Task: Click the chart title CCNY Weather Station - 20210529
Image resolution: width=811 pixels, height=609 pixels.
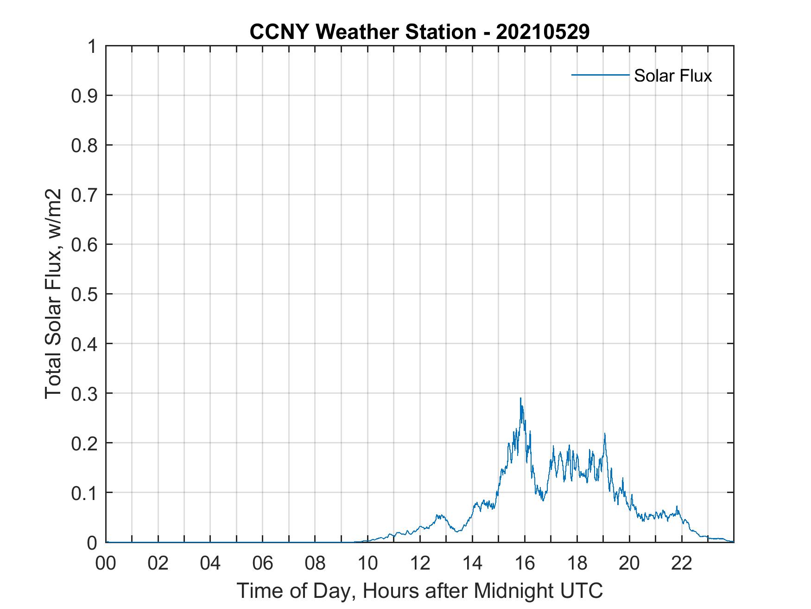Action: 419,32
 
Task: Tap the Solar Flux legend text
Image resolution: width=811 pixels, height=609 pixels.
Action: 672,76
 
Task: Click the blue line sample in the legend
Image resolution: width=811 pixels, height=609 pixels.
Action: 600,75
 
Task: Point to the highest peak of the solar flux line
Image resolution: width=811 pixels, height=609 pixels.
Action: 520,398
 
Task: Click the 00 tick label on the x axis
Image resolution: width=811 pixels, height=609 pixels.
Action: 106,563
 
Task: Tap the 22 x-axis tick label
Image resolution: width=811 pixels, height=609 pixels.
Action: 682,563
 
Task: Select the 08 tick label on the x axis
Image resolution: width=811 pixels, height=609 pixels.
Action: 315,563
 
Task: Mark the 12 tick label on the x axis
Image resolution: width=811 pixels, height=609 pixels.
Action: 420,563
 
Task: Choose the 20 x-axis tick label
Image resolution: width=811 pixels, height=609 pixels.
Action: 629,563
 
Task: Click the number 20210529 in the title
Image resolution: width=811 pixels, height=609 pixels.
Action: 543,32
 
